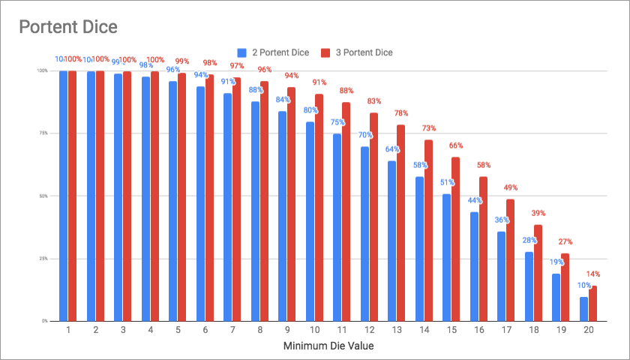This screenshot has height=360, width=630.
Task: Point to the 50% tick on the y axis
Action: tap(43, 196)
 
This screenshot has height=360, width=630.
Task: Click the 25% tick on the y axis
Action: tap(43, 259)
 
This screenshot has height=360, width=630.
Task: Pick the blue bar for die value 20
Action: tap(583, 309)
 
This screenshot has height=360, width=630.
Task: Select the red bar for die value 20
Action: tap(592, 303)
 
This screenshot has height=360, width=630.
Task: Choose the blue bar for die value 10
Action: tap(310, 221)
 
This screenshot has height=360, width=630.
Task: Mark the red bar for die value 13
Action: tap(401, 223)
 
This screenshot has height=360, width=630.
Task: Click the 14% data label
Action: tap(592, 274)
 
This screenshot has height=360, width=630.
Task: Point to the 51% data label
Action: tap(447, 182)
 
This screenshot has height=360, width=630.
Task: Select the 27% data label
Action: tap(565, 241)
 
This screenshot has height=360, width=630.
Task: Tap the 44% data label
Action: tap(475, 200)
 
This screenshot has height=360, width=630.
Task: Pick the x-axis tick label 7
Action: tap(232, 331)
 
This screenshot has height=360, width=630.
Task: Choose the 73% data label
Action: tap(428, 128)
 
